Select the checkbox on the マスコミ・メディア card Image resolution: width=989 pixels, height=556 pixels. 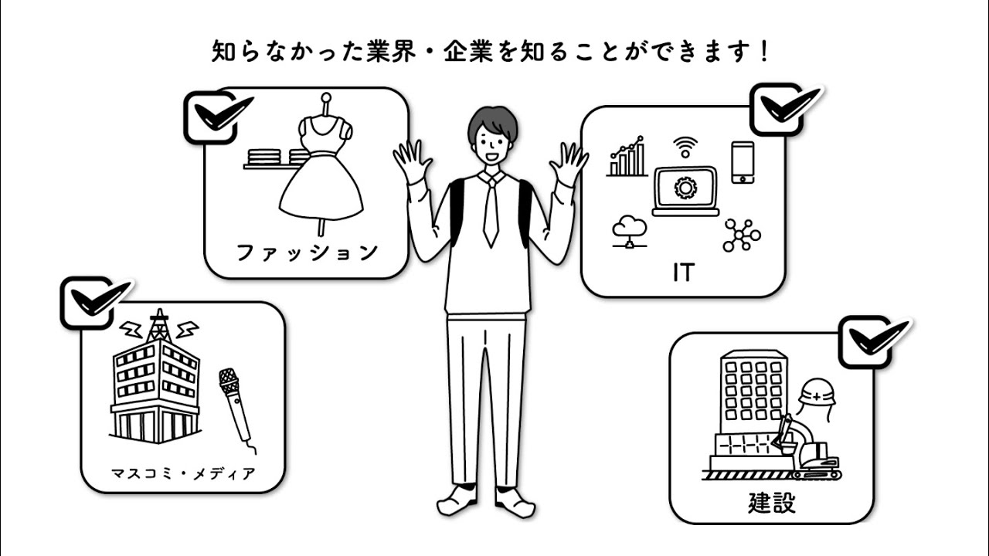(87, 303)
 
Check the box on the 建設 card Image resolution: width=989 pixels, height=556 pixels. (865, 341)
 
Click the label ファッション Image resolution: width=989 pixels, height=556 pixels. (307, 252)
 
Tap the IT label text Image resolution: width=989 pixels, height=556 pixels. (683, 272)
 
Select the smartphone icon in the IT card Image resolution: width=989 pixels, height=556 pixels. (743, 162)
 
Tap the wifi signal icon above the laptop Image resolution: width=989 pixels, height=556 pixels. (685, 147)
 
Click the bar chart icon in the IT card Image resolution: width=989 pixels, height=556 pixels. (627, 158)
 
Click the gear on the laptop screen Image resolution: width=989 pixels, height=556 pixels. (685, 188)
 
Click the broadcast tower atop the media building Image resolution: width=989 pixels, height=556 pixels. (158, 326)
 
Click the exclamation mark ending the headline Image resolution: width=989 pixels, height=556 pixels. (764, 52)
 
